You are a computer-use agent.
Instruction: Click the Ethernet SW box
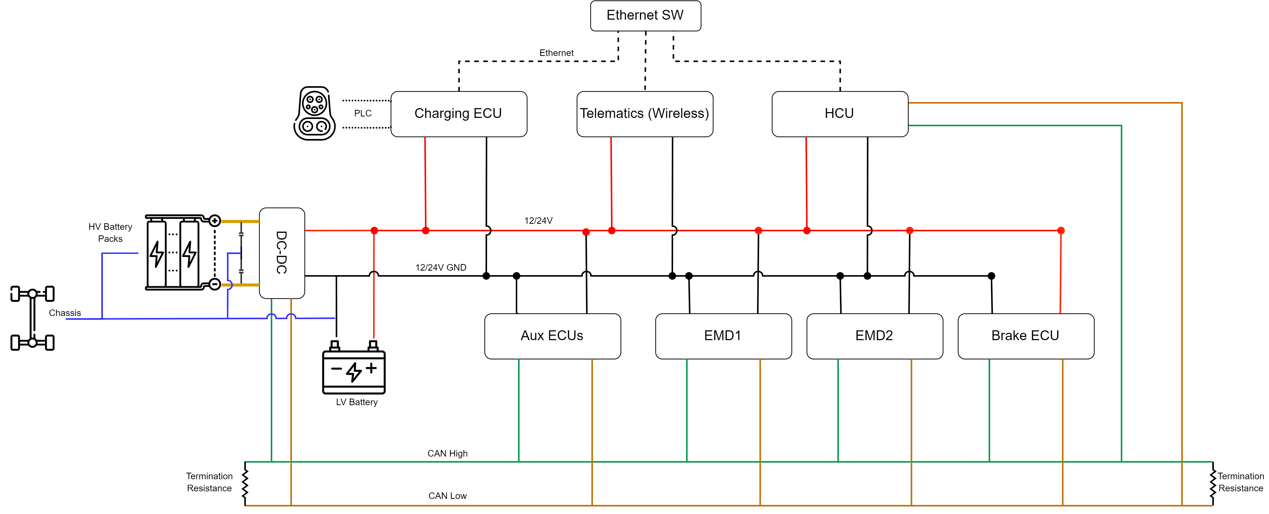click(645, 16)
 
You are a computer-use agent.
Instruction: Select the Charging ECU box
click(459, 114)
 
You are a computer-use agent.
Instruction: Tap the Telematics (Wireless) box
click(644, 114)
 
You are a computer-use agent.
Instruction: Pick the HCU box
click(839, 114)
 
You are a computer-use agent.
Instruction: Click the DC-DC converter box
click(282, 252)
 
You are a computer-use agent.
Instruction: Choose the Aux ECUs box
click(552, 336)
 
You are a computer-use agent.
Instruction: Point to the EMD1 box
click(723, 336)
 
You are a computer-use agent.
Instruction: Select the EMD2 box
click(874, 336)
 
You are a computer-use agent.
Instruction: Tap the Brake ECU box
click(1026, 336)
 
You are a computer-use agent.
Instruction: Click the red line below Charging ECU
click(425, 182)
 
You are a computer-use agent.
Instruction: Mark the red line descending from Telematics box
click(611, 182)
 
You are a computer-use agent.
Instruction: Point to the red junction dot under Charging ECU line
click(426, 230)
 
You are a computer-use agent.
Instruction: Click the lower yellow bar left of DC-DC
click(241, 284)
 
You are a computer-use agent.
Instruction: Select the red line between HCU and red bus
click(806, 182)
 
